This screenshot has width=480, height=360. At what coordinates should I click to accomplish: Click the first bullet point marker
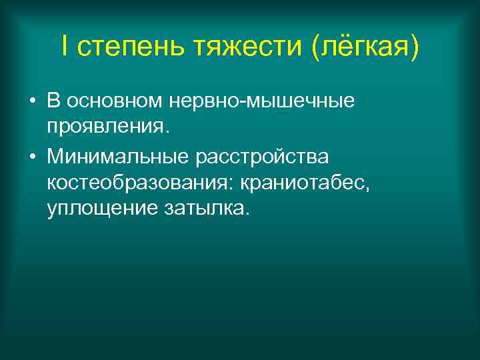click(x=32, y=102)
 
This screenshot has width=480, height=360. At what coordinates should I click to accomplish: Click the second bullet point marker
click(x=32, y=158)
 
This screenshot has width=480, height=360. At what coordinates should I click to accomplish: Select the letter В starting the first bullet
click(x=53, y=101)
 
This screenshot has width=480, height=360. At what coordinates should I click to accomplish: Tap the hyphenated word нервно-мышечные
click(x=263, y=102)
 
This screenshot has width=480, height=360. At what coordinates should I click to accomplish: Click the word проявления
click(x=108, y=127)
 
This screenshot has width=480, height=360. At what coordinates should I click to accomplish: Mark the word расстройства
click(x=270, y=158)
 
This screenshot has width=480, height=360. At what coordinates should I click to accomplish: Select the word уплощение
click(x=101, y=209)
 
